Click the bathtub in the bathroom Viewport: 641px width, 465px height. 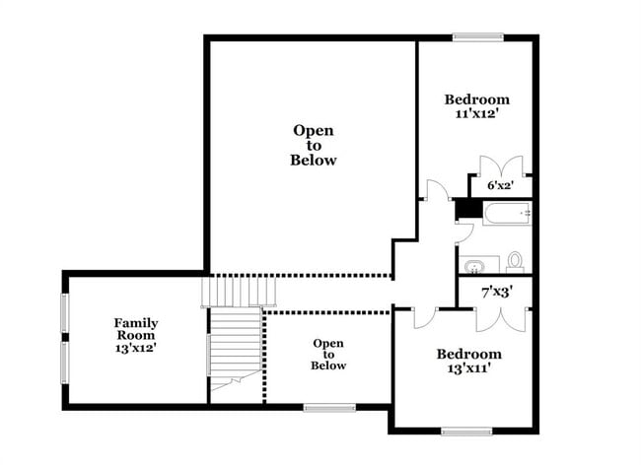tap(506, 214)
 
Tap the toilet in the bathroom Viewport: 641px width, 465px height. tap(514, 262)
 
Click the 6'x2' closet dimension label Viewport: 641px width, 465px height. tap(501, 185)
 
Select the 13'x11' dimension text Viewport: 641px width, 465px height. tap(469, 369)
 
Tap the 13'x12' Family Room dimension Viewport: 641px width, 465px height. tap(135, 347)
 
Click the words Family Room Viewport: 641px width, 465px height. tap(135, 329)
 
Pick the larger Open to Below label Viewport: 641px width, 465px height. tap(313, 145)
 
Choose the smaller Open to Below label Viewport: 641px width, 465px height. tap(328, 355)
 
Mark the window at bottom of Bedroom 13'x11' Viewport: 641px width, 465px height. tap(465, 431)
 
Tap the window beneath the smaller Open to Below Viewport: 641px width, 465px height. tap(328, 407)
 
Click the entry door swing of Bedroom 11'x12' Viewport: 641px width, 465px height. tap(434, 191)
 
